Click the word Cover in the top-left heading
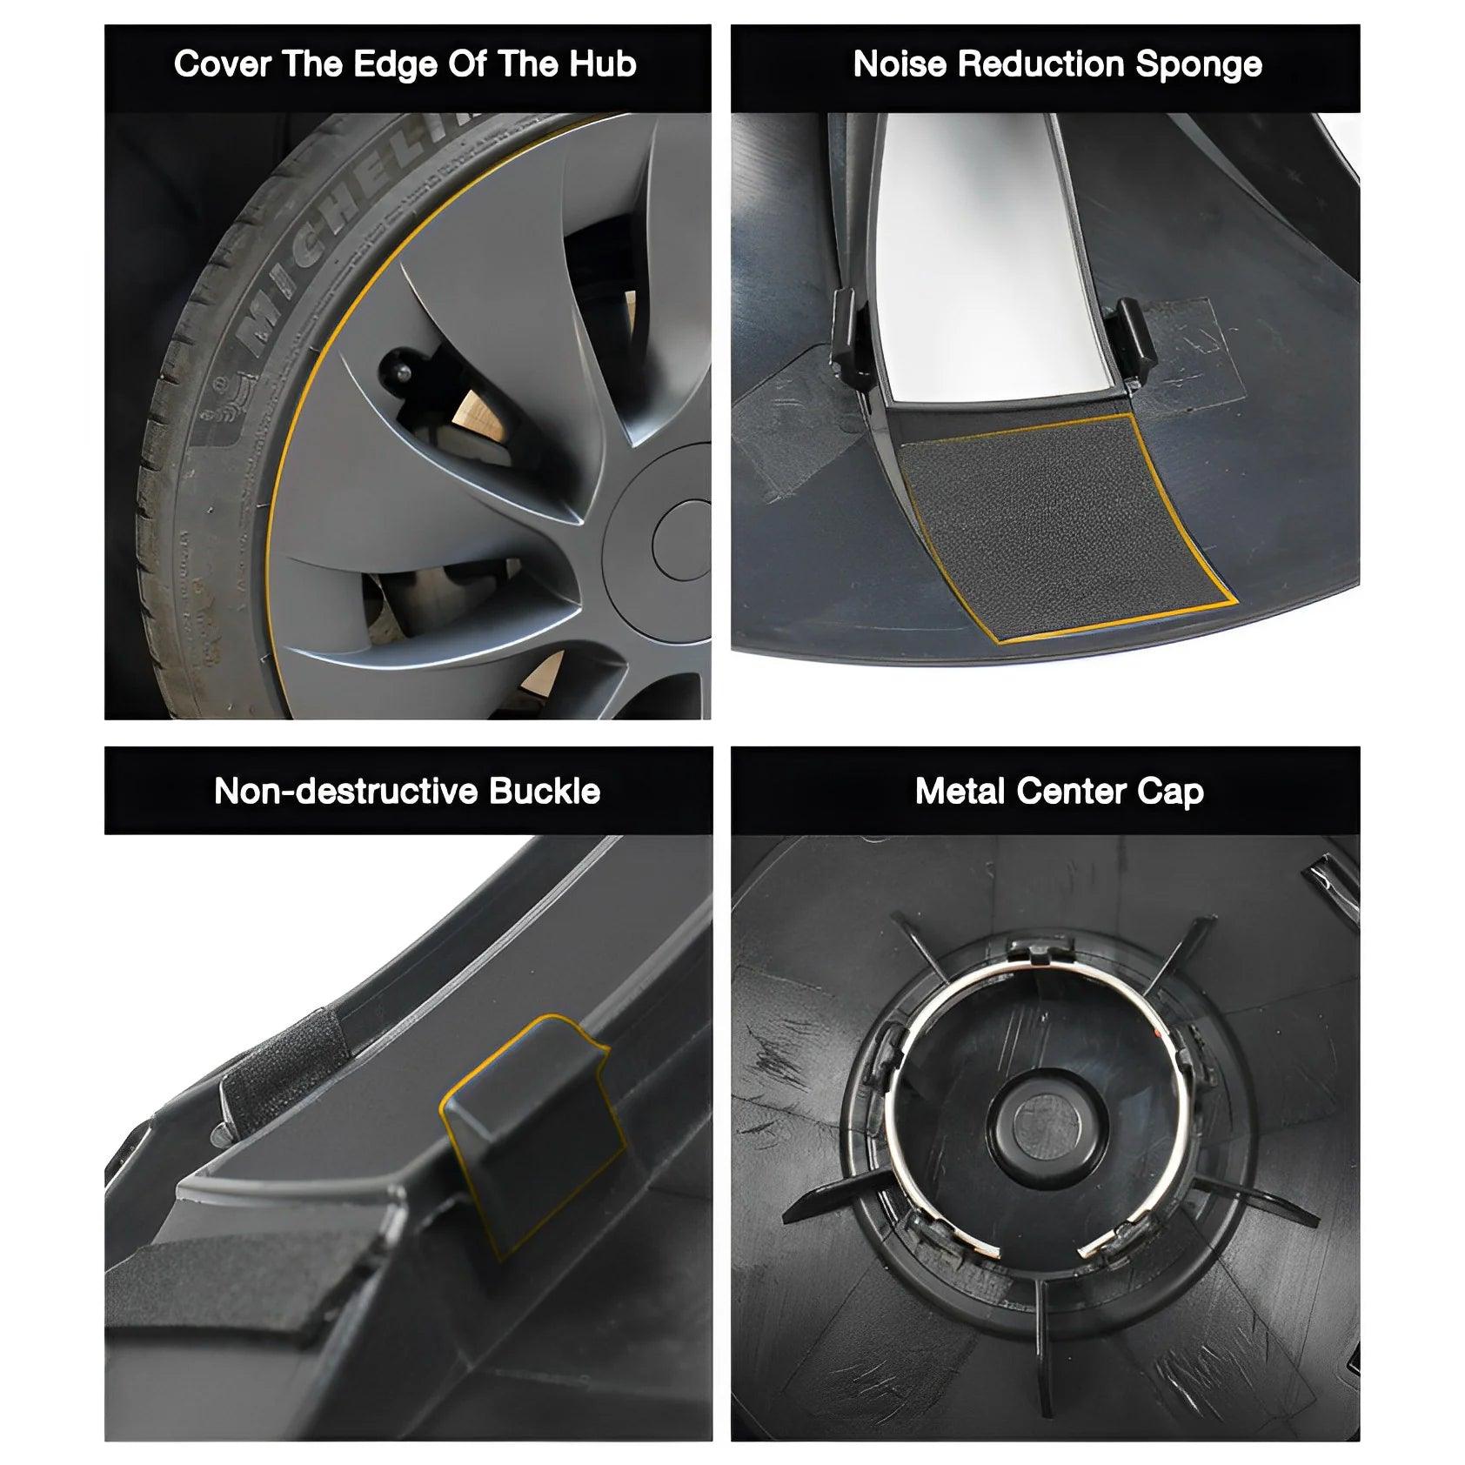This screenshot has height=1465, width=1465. pyautogui.click(x=222, y=65)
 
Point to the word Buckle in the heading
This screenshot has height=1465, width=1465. pyautogui.click(x=545, y=792)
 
